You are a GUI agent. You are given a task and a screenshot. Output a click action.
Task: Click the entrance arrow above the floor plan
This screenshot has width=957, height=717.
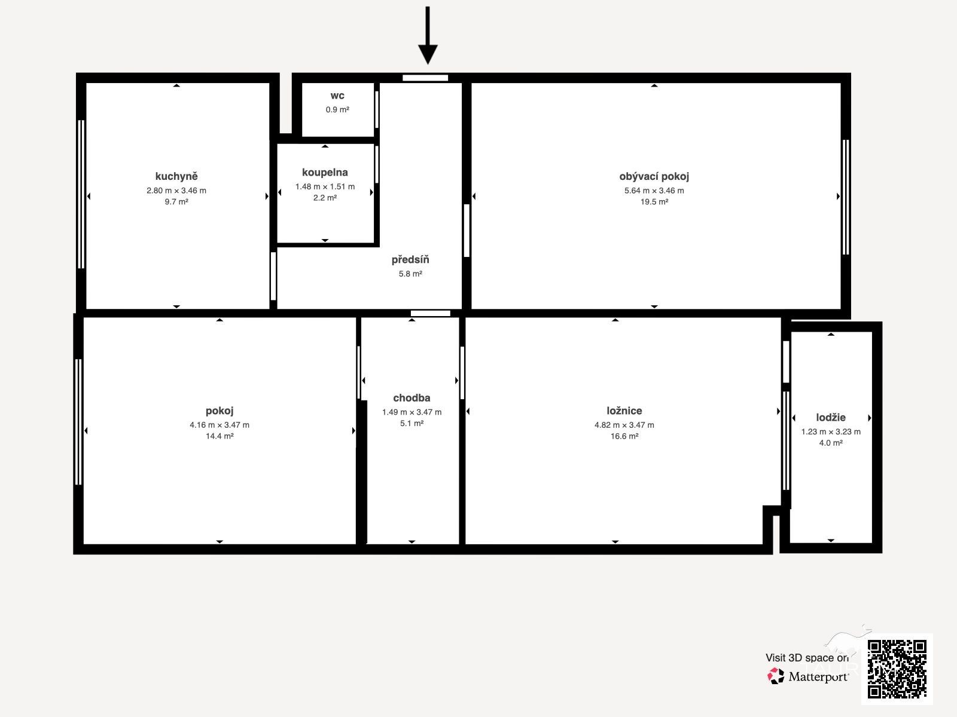click(x=428, y=35)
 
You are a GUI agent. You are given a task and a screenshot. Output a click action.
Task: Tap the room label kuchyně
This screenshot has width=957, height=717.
click(x=176, y=176)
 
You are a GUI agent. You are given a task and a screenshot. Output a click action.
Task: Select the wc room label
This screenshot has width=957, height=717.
click(x=337, y=96)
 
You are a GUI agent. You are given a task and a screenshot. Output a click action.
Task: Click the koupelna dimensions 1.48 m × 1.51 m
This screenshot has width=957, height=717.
click(x=325, y=186)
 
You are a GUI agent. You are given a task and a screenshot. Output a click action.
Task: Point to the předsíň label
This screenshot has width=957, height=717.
click(x=410, y=259)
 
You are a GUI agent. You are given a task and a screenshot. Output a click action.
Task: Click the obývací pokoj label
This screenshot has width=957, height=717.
click(x=654, y=176)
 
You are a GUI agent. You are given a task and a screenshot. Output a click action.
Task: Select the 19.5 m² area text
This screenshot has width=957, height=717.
click(x=654, y=201)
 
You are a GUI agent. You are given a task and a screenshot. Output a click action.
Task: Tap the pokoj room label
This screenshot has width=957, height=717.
click(x=220, y=410)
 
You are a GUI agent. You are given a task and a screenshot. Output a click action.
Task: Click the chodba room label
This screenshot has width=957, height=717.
click(x=412, y=398)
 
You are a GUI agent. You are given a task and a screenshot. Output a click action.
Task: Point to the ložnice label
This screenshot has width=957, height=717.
click(x=624, y=410)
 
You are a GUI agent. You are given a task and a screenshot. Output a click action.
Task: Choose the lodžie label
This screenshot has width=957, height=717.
click(x=831, y=418)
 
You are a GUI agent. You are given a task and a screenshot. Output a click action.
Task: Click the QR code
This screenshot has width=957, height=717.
click(x=897, y=669)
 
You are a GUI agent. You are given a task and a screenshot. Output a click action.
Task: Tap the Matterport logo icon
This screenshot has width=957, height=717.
click(x=775, y=676)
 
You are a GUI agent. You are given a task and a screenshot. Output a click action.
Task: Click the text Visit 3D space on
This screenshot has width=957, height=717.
click(x=807, y=658)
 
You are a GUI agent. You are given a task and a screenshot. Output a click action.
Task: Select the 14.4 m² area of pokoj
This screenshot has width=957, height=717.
click(x=220, y=436)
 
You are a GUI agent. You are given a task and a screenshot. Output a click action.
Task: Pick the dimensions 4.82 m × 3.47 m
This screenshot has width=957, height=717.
click(x=624, y=425)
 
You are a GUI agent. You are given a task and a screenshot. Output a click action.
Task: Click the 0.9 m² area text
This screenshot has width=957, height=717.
click(x=337, y=110)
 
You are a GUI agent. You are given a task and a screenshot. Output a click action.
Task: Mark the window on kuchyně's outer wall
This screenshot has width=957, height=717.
click(x=81, y=194)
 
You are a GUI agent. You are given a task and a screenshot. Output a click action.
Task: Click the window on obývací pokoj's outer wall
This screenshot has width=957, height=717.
click(x=846, y=197)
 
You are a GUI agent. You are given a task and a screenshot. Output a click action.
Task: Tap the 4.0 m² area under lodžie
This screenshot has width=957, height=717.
click(x=831, y=443)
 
